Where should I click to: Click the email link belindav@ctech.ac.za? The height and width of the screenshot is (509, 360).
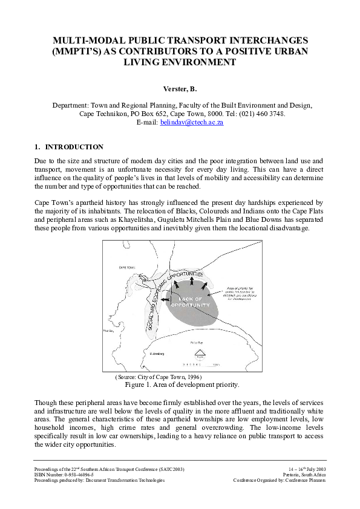tap(192, 122)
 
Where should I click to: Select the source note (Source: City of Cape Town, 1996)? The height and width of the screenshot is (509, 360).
tap(158, 377)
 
